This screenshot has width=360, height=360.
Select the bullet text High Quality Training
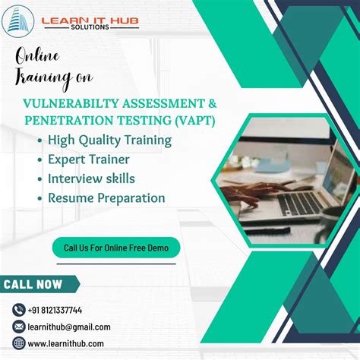click(109, 140)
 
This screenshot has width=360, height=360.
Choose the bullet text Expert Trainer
click(88, 159)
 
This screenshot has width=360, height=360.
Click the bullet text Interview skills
click(91, 178)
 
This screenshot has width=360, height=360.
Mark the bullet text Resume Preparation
click(106, 197)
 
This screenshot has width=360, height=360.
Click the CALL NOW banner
click(34, 285)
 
